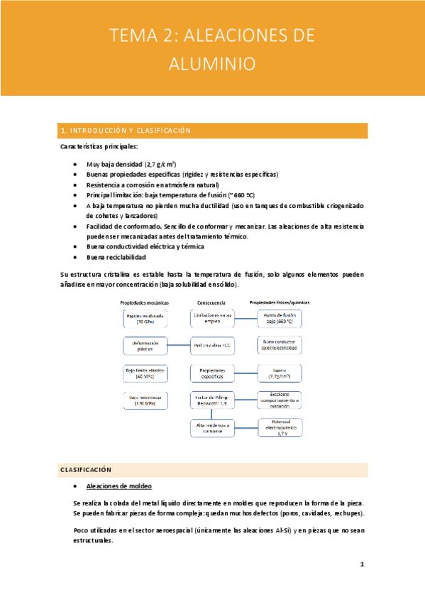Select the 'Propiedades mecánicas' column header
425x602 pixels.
pyautogui.click(x=145, y=302)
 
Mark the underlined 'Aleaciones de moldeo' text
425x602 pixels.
pyautogui.click(x=116, y=487)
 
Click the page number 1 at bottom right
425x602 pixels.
pyautogui.click(x=362, y=565)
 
